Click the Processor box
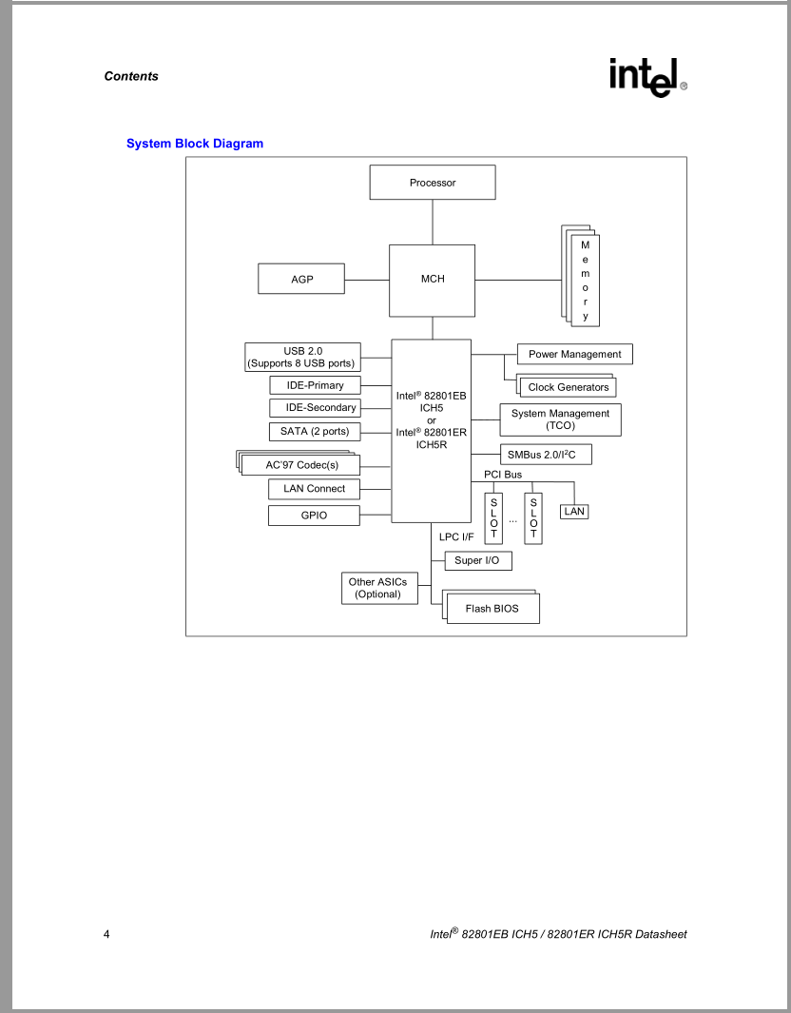point(433,183)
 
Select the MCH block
point(433,280)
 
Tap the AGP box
point(301,280)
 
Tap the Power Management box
point(574,355)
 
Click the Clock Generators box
point(569,387)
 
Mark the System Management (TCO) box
point(560,419)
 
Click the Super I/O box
point(476,561)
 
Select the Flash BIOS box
point(492,609)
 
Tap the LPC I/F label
point(456,537)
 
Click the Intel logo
point(647,76)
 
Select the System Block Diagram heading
point(195,144)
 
